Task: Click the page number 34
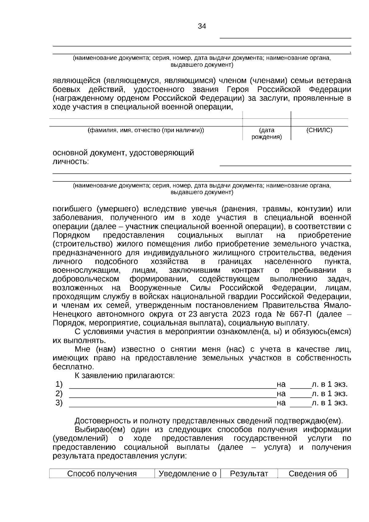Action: click(x=202, y=26)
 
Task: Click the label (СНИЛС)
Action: click(x=319, y=130)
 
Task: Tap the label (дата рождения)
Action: click(x=267, y=133)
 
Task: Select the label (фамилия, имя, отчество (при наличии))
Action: click(x=146, y=130)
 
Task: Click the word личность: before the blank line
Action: click(x=71, y=161)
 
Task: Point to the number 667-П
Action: click(x=300, y=314)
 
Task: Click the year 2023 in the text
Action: click(x=241, y=314)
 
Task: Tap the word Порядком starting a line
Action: click(x=71, y=235)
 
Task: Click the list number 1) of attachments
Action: click(x=59, y=384)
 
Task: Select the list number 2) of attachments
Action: click(x=59, y=393)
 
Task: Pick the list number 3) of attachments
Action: click(x=59, y=403)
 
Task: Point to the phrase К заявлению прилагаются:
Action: click(x=125, y=376)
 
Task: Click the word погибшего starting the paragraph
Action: click(x=72, y=209)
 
